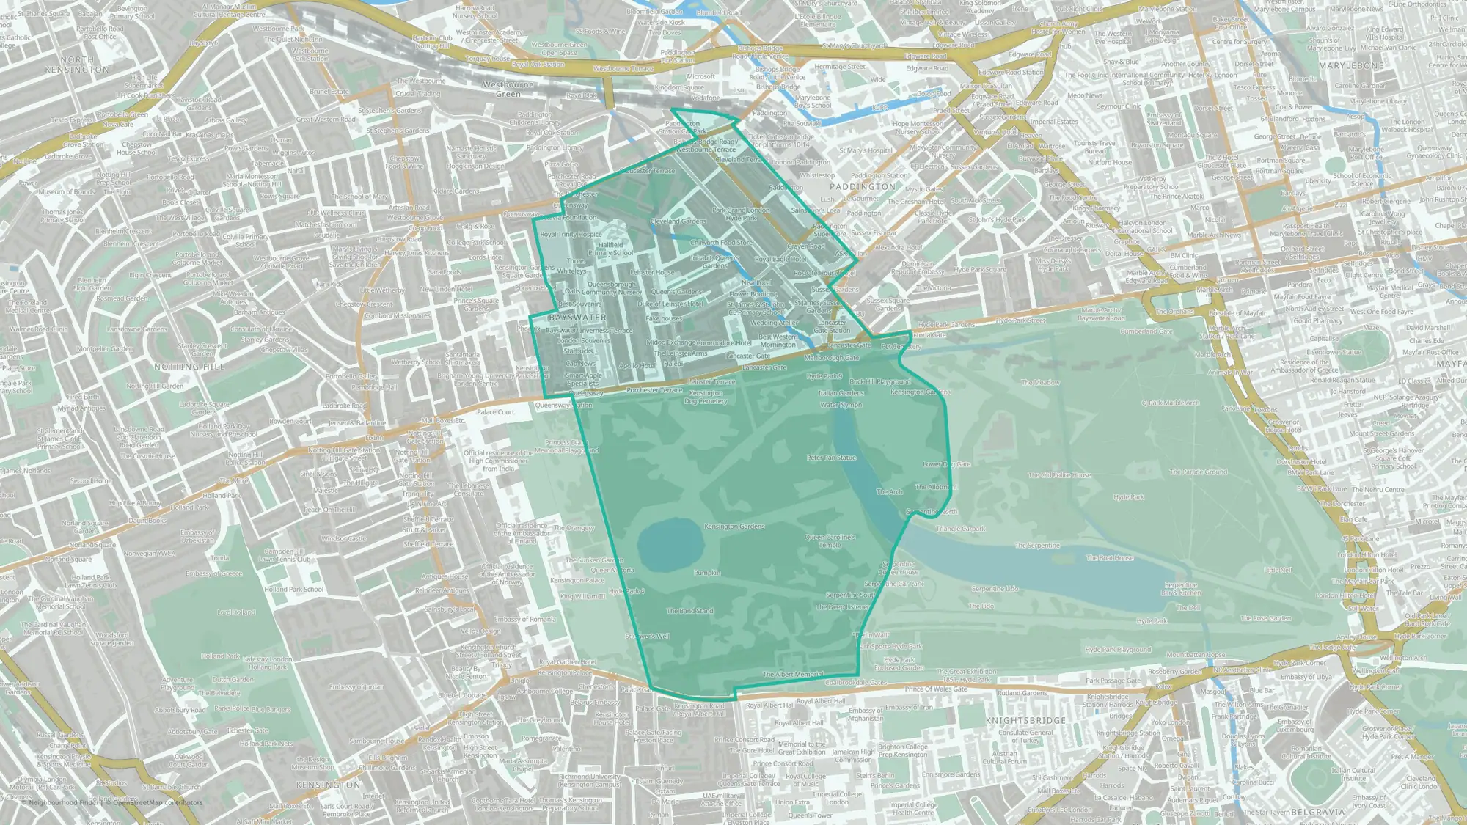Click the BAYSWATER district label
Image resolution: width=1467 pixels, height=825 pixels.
(578, 318)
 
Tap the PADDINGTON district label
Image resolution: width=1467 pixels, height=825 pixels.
(863, 187)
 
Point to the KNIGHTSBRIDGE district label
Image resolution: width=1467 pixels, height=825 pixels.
(1026, 721)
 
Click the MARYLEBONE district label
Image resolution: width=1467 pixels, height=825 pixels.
(1351, 66)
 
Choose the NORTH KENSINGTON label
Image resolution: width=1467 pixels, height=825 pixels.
(77, 65)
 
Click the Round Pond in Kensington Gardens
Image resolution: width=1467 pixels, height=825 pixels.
(669, 543)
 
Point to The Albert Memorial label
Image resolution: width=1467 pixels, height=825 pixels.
(793, 674)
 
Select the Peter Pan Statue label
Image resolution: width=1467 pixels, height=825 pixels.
(831, 458)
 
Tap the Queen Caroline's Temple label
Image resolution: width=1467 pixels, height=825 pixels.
(830, 540)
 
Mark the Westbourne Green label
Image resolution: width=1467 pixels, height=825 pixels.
(508, 89)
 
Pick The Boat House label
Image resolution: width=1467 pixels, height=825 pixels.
(1110, 558)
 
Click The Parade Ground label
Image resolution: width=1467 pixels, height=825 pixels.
(1199, 472)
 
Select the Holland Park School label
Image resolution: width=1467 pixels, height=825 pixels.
(293, 589)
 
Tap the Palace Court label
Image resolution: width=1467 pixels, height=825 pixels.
(496, 412)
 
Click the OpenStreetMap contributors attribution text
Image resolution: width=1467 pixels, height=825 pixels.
(153, 802)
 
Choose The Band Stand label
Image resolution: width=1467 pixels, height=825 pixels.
(689, 610)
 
